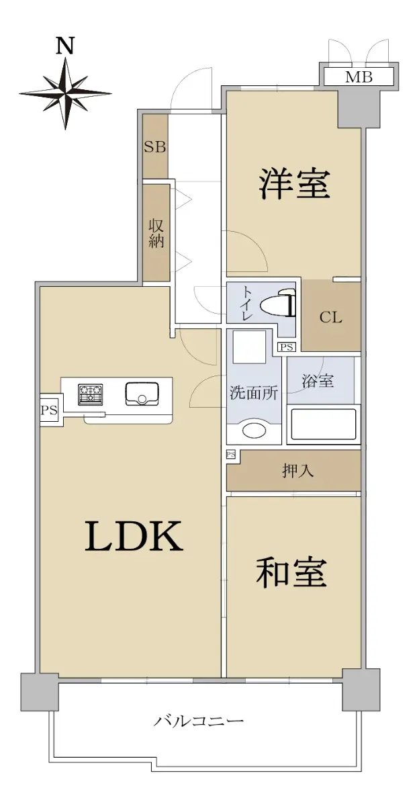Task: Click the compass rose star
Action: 65,93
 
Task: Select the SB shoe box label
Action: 155,146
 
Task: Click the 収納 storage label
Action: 156,233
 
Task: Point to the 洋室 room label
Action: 294,185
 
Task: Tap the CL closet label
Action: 331,317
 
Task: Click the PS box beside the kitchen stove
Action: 49,410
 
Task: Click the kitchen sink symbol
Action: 142,394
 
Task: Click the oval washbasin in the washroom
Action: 254,429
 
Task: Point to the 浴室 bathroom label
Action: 318,381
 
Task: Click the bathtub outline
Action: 323,423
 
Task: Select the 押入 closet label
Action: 297,471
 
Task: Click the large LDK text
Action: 134,537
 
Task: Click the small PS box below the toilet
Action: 286,347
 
